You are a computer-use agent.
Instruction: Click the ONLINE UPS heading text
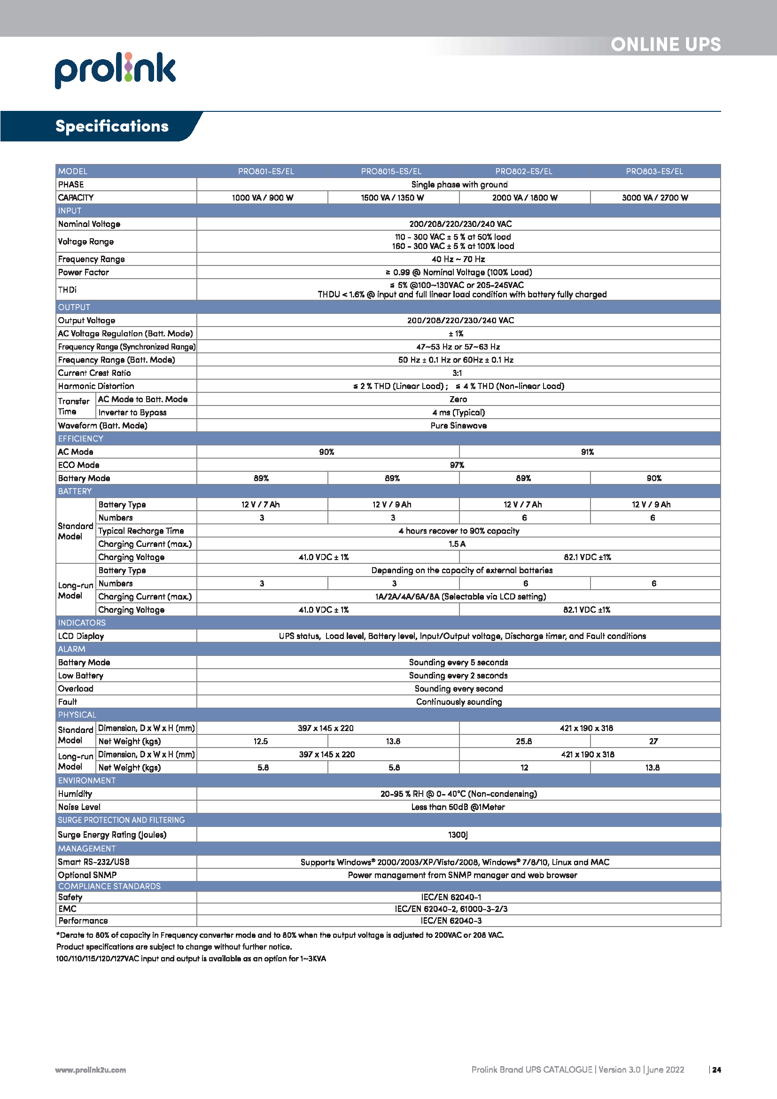tap(666, 45)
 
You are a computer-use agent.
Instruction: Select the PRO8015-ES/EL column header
tap(391, 171)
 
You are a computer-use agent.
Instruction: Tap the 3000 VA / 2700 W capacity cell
tap(655, 198)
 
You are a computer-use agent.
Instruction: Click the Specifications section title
tap(112, 126)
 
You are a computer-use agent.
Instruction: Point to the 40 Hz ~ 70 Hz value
tap(458, 259)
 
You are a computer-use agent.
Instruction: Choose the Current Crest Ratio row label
tap(94, 373)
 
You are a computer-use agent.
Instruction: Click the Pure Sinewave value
tap(458, 426)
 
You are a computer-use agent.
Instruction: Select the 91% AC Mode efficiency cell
tap(587, 452)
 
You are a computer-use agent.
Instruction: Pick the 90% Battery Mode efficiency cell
tap(653, 478)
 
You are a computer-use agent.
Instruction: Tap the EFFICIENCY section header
tap(80, 438)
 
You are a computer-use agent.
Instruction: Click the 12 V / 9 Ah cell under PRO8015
tap(392, 505)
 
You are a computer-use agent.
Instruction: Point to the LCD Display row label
tap(81, 636)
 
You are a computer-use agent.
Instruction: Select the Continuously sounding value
tap(458, 701)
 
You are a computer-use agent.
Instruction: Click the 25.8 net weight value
tap(523, 741)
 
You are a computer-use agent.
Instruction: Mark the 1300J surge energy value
tap(458, 835)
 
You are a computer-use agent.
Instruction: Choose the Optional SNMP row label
tap(87, 875)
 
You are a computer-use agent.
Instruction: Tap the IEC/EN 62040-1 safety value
tap(451, 897)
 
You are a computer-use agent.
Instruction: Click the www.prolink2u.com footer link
tap(90, 1070)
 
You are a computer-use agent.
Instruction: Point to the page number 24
tap(716, 1070)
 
